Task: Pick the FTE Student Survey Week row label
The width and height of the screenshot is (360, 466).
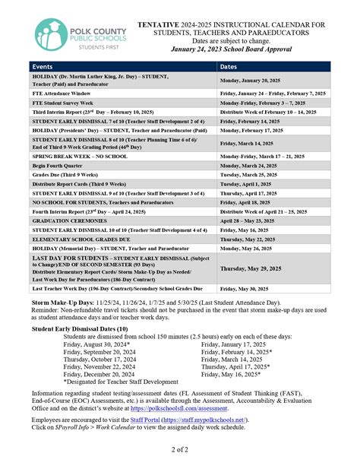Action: coord(62,101)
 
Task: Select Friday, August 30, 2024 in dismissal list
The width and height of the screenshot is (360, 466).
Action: coord(97,344)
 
